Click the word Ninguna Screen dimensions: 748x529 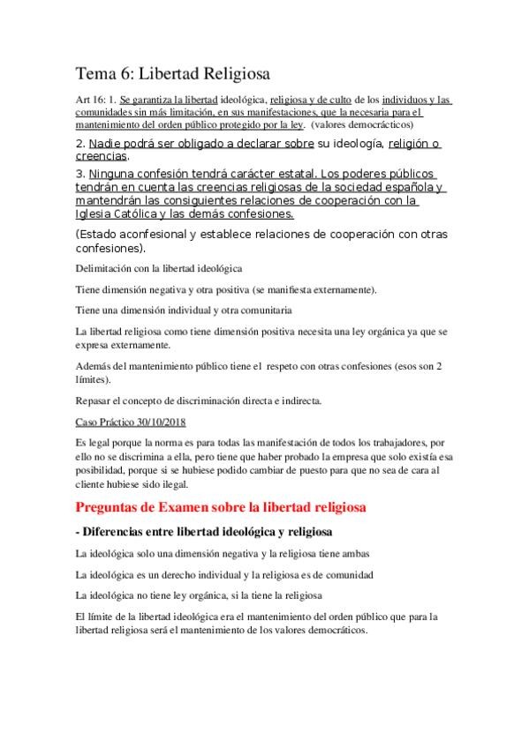pyautogui.click(x=119, y=173)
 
